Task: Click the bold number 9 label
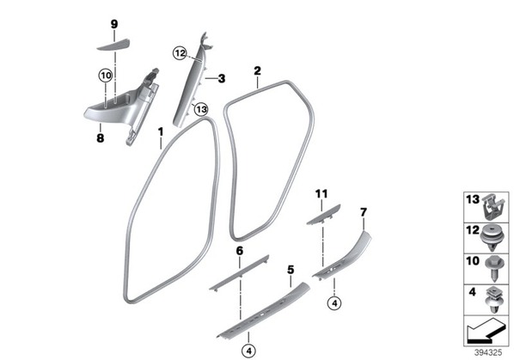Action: tap(114, 24)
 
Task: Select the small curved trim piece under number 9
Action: tap(113, 44)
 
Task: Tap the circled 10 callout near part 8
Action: tap(106, 76)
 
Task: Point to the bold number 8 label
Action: tap(101, 138)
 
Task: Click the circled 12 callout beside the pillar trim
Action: tap(180, 53)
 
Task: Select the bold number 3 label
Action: tap(222, 79)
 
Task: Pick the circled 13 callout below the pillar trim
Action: tap(201, 109)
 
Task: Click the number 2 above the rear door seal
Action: tap(257, 70)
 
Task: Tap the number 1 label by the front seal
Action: tap(161, 132)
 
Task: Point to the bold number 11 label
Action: tap(321, 194)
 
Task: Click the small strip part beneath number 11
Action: tap(323, 215)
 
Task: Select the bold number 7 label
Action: tap(364, 212)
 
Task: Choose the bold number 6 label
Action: tap(240, 251)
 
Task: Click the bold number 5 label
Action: tap(291, 270)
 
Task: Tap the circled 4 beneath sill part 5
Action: tap(248, 351)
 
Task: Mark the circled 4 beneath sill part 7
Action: tap(334, 303)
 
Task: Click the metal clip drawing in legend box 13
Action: tap(493, 207)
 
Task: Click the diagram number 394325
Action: tap(488, 352)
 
